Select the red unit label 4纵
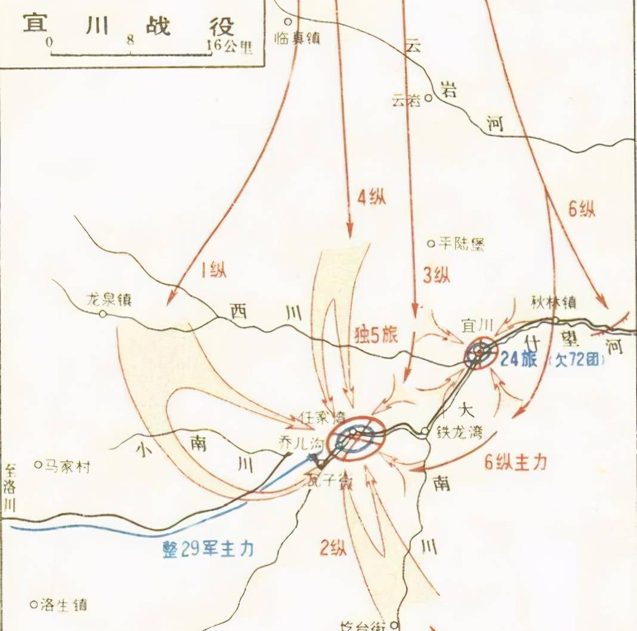coord(371,197)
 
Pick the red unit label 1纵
coord(213,270)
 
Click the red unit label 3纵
coord(436,275)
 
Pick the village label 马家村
coord(67,466)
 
